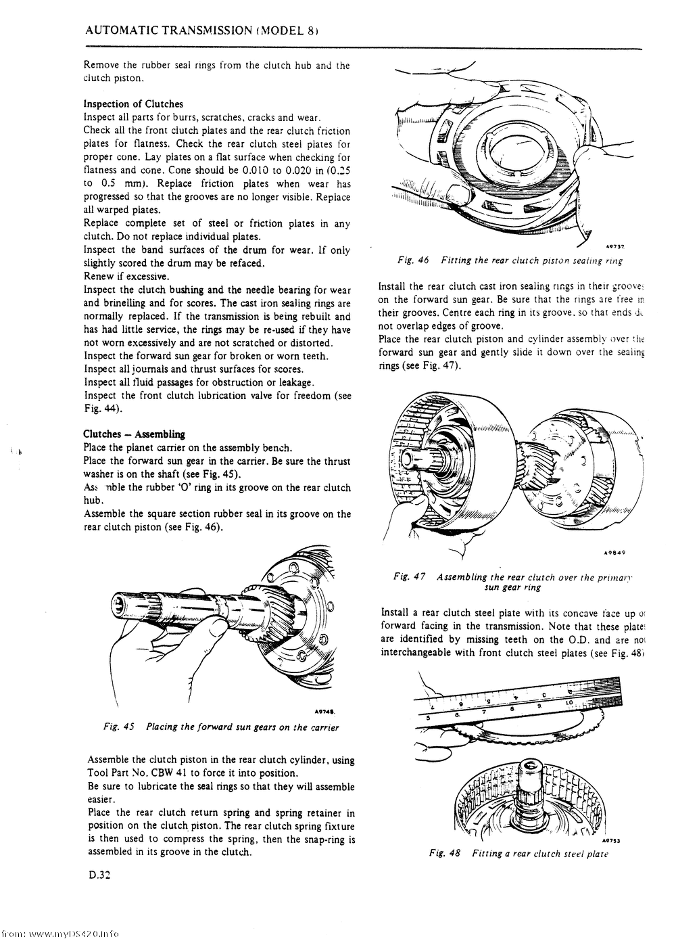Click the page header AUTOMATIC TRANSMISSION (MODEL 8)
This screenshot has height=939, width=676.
coord(202,31)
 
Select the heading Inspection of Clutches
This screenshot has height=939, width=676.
coord(133,104)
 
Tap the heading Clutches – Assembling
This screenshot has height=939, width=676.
coord(134,434)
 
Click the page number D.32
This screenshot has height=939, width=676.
coord(99,875)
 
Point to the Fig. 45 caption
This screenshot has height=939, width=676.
coord(221,727)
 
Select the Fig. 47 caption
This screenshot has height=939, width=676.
coord(517,582)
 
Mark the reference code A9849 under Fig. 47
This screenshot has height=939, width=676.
coord(612,552)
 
